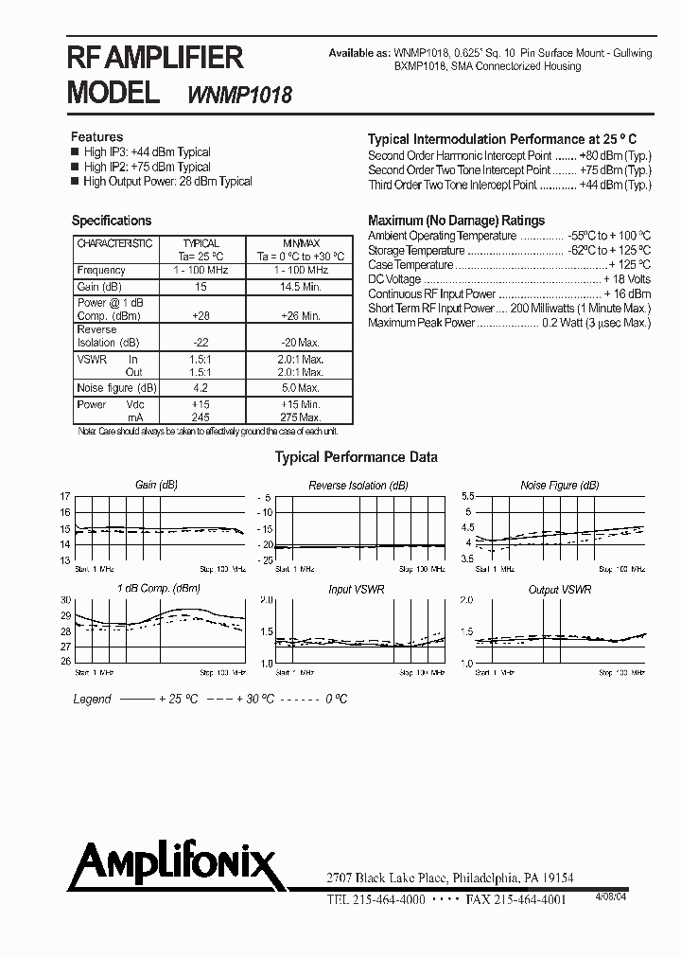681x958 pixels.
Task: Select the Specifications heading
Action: [112, 221]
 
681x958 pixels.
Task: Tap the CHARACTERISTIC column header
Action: [113, 243]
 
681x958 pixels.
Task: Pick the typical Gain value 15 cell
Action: [201, 287]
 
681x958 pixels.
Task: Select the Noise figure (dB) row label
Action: [116, 388]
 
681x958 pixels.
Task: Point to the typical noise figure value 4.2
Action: [201, 388]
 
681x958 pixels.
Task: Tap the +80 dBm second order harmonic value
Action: [615, 155]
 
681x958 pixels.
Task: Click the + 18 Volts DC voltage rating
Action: [627, 280]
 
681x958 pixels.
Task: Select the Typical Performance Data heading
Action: [356, 457]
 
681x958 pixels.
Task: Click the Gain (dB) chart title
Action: [156, 485]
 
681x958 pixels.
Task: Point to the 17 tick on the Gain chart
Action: [65, 497]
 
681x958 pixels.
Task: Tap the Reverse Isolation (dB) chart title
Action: [358, 485]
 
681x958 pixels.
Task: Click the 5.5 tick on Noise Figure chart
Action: [466, 497]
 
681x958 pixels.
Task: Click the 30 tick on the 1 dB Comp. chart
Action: [65, 600]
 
